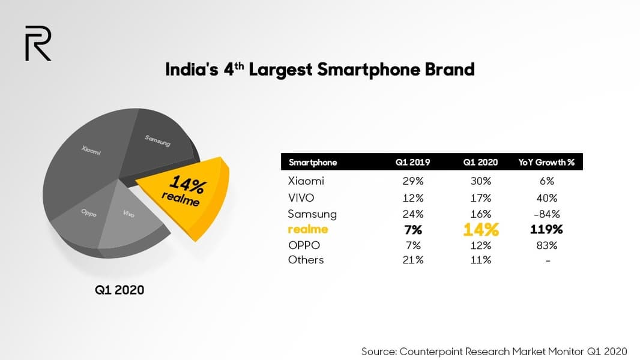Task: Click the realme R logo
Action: point(38,43)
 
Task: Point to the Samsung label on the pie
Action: point(157,141)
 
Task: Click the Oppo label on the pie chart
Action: point(88,213)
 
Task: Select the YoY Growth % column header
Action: point(547,162)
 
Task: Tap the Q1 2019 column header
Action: point(413,162)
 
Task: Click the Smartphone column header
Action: point(313,162)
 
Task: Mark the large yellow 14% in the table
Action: point(481,230)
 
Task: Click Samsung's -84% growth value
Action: point(547,214)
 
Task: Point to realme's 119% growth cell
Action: point(547,230)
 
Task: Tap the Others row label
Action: point(306,260)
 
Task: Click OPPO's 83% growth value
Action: point(547,245)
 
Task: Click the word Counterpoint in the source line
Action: point(435,351)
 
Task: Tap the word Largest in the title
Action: point(281,70)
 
